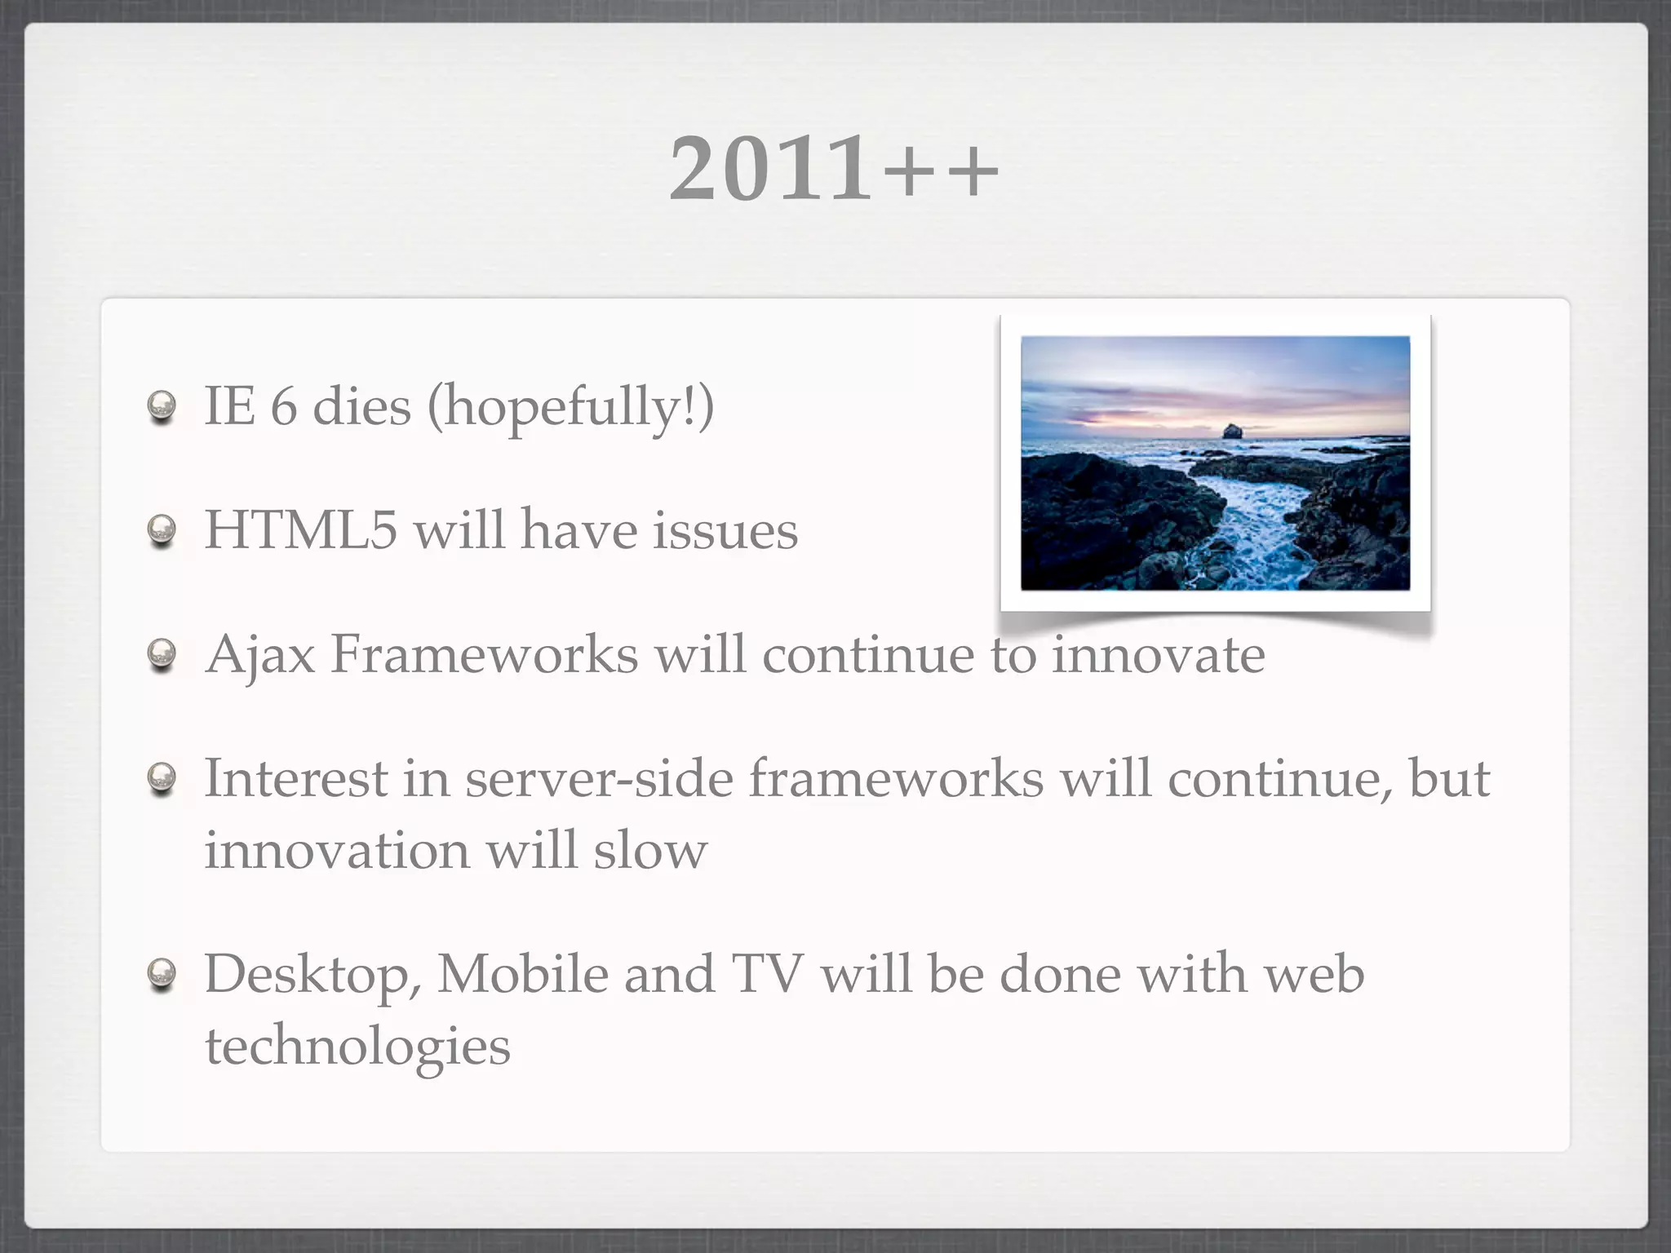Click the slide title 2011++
click(x=834, y=169)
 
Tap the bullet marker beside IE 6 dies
click(x=162, y=406)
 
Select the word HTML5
click(x=300, y=530)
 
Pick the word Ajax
click(x=260, y=655)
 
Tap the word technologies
click(x=357, y=1047)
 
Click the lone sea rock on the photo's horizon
click(x=1231, y=431)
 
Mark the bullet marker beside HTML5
click(x=162, y=531)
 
